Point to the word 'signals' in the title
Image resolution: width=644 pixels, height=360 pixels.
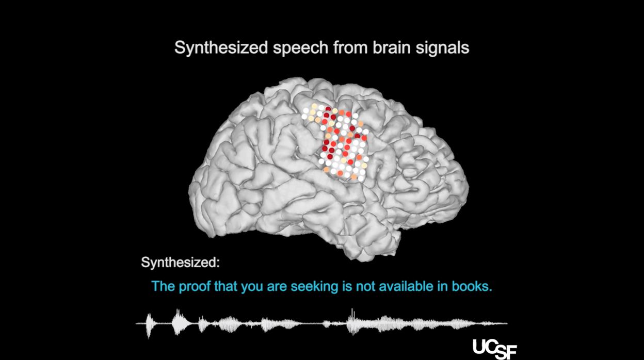443,48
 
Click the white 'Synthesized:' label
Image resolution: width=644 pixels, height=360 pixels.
180,262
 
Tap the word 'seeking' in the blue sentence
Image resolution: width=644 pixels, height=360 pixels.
314,287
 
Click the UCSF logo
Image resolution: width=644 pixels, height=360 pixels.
494,349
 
